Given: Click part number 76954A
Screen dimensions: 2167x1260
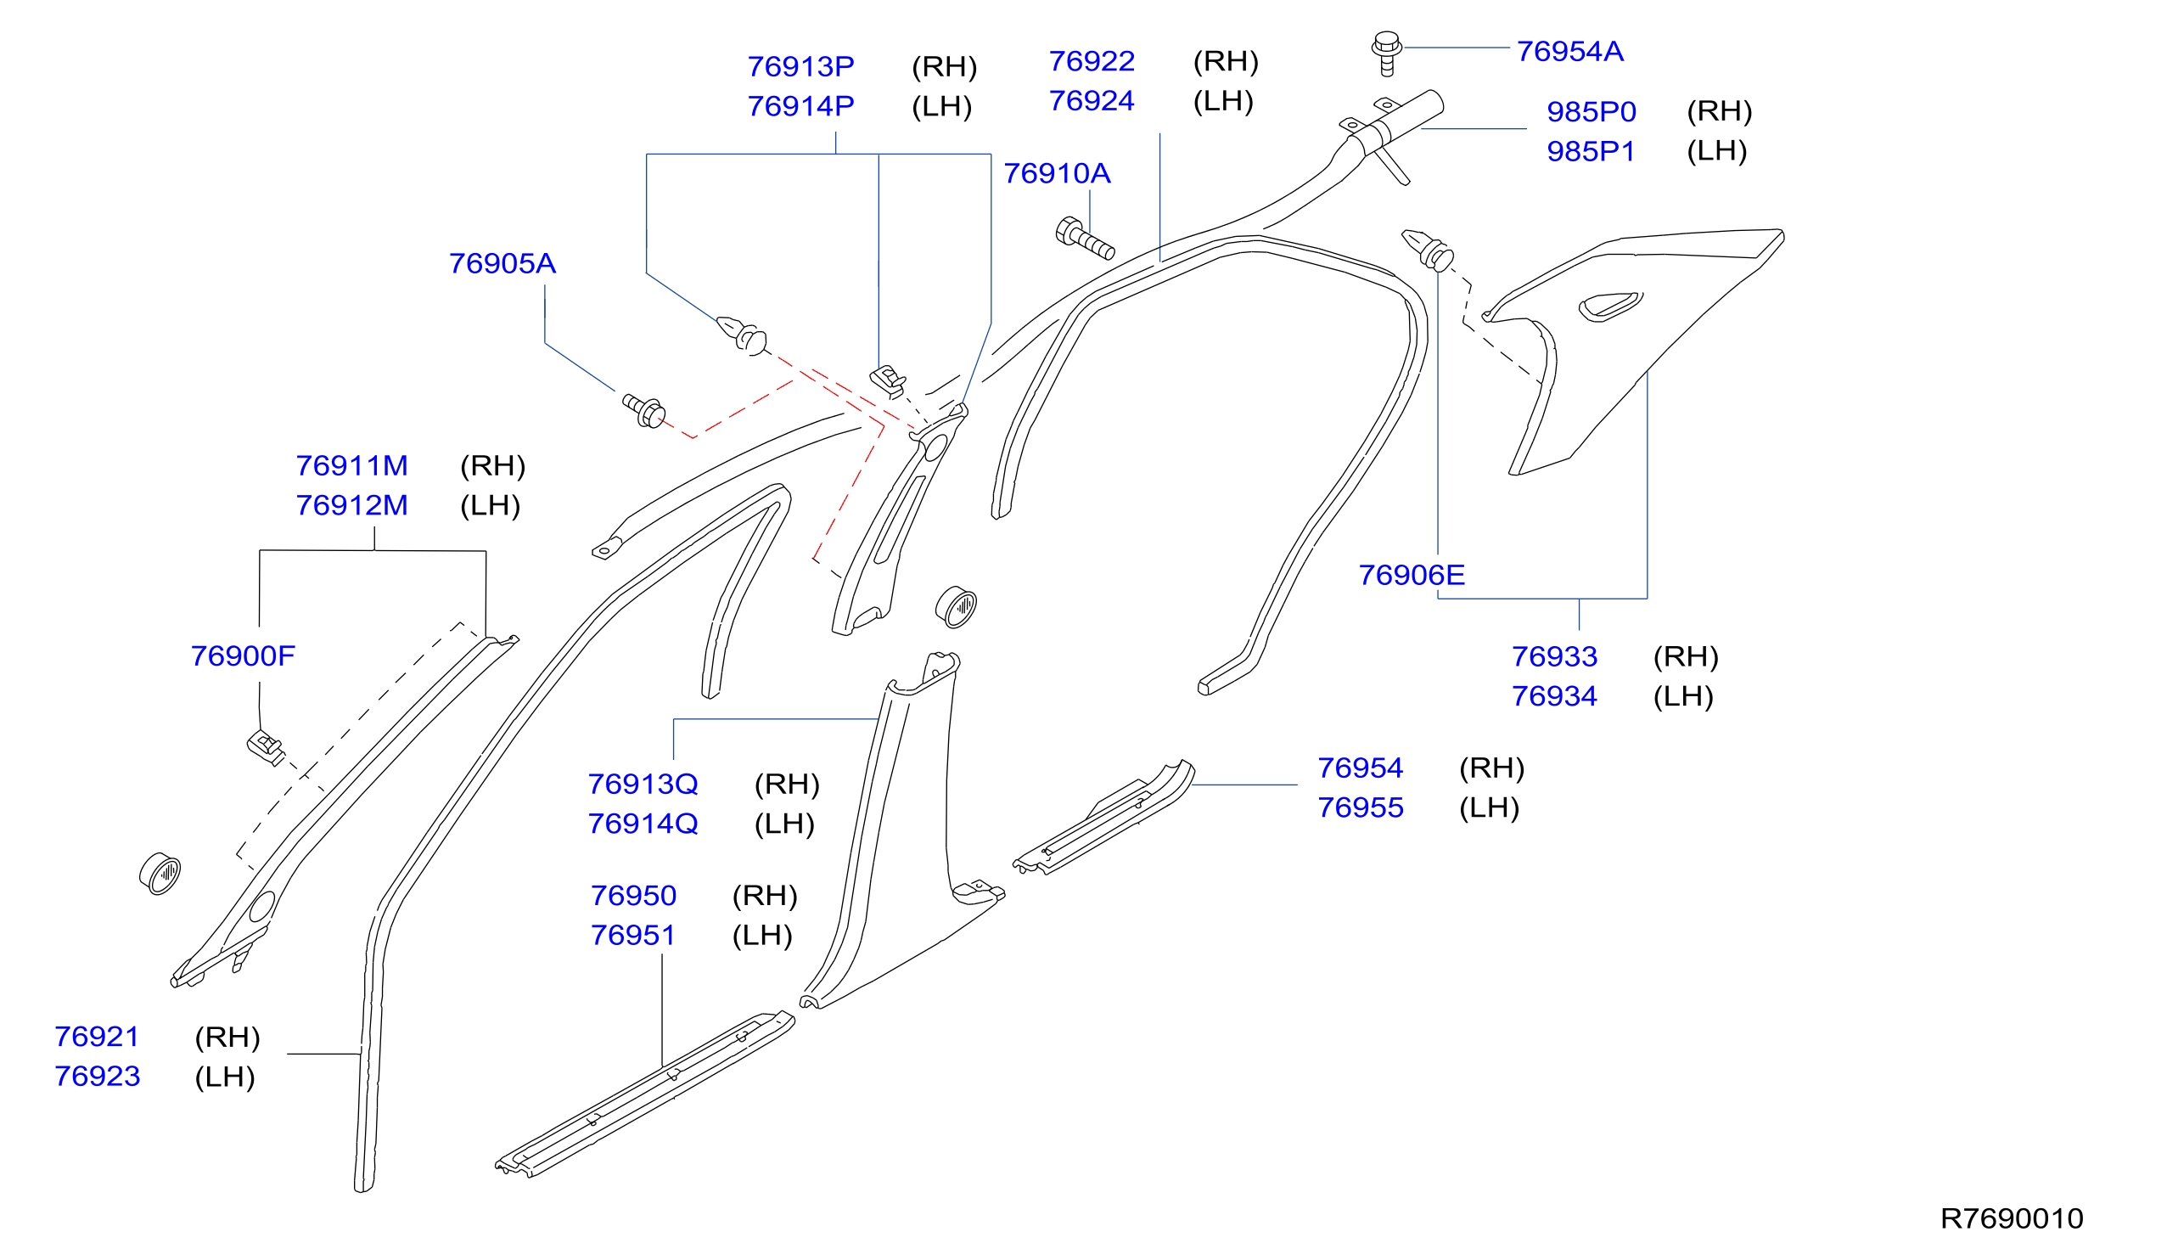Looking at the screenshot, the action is pos(1569,52).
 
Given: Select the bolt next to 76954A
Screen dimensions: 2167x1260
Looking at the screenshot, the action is pos(1386,53).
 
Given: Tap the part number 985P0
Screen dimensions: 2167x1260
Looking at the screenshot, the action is pos(1591,112).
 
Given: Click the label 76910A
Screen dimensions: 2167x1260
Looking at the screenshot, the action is pos(1057,174).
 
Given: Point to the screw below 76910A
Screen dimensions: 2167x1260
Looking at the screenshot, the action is pos(1085,239).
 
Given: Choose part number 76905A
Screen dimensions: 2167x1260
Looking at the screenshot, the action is pos(502,264).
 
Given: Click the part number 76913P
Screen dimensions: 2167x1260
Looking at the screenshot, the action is pos(800,67).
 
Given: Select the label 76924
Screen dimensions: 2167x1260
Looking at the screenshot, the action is pos(1092,102).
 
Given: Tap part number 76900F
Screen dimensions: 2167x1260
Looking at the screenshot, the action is pos(243,657).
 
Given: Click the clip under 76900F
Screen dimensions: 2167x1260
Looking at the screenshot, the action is pos(266,746).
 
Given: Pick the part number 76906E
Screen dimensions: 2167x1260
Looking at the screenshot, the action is pos(1411,576).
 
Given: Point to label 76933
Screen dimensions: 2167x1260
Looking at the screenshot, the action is pos(1554,657).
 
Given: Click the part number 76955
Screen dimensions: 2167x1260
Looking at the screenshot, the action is pos(1361,808).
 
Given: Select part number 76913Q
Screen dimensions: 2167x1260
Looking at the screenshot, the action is pos(643,785).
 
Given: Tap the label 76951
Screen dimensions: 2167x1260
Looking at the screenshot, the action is pos(633,936).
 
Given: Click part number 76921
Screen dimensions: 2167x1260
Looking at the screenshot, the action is pos(96,1038).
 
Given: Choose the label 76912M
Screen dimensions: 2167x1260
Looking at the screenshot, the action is pos(351,506).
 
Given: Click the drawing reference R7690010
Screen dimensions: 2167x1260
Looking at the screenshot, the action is pos(2012,1218).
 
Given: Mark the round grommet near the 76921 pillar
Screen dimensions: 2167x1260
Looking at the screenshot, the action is pos(160,875).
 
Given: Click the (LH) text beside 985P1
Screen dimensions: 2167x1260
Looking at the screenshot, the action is pos(1716,151).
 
